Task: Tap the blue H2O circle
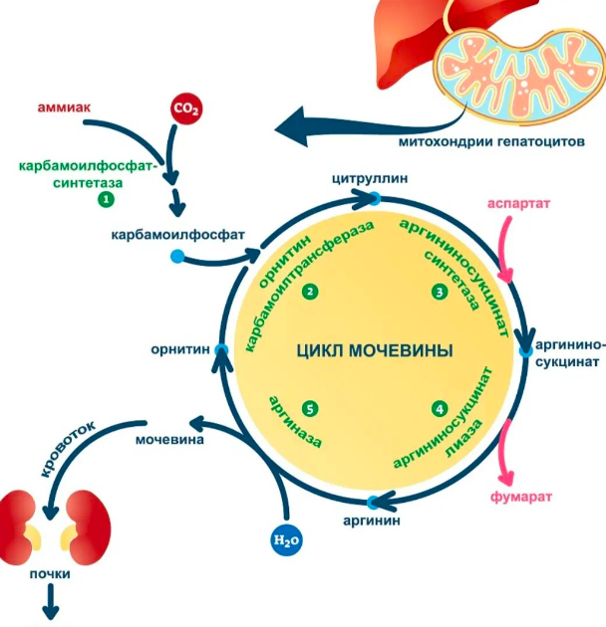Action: (286, 540)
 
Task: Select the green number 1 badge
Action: (105, 200)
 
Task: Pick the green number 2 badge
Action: (311, 292)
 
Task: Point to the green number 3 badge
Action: (439, 292)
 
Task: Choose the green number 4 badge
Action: (439, 408)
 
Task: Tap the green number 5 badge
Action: (311, 408)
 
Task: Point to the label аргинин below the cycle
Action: (373, 521)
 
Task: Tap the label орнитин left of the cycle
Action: (179, 349)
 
